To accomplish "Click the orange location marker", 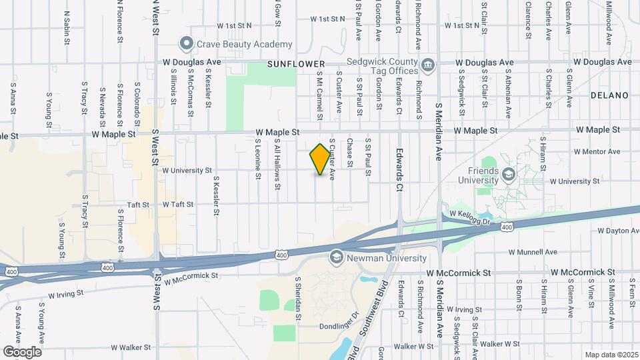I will click(321, 159).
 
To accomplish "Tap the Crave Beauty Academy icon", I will click(185, 44).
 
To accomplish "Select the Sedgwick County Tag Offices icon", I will click(427, 65).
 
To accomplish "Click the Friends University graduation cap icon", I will click(509, 175).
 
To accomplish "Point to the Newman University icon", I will click(337, 257).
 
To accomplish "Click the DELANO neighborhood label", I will click(609, 95).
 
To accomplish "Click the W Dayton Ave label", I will click(619, 231).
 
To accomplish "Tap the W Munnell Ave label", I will click(532, 253).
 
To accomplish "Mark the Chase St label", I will click(349, 153).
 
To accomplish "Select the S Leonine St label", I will click(257, 159).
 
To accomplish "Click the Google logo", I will click(22, 352).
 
